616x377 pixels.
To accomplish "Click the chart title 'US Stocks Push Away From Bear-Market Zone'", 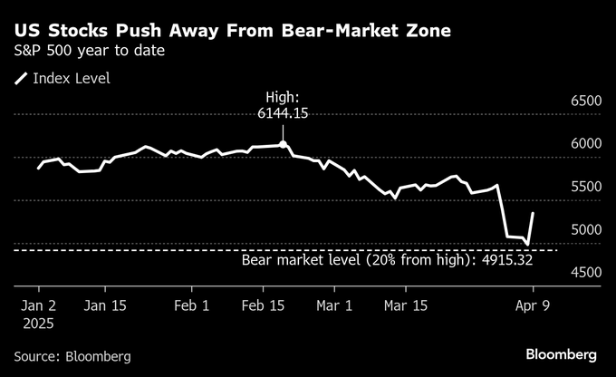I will (x=233, y=32).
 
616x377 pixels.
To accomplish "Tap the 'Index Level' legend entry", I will (x=71, y=79).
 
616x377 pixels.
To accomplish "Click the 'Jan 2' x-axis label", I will (x=40, y=305).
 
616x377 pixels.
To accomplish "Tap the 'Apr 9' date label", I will (x=534, y=305).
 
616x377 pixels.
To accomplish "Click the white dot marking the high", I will (x=284, y=144).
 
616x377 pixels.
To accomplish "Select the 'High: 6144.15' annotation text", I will (x=284, y=105).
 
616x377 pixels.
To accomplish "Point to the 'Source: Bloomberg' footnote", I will (x=72, y=356).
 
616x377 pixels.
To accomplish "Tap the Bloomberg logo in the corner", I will (x=561, y=353).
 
